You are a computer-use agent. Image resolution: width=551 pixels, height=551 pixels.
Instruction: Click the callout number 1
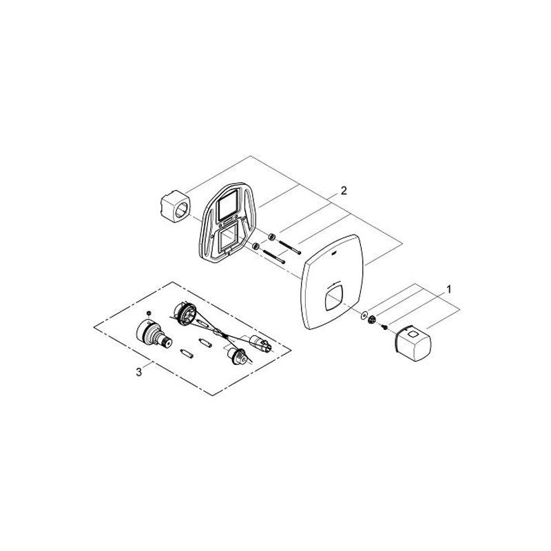448,289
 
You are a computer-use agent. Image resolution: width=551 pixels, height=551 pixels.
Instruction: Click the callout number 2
343,191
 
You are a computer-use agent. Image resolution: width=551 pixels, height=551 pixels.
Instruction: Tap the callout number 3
139,372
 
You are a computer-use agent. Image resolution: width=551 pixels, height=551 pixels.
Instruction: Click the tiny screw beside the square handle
384,327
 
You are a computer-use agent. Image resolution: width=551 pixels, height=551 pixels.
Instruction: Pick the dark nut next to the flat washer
372,320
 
